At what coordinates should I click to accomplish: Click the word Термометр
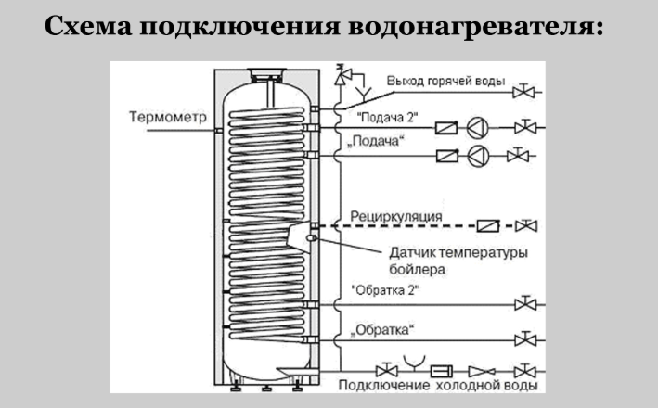tap(169, 117)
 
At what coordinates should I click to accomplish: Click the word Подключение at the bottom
tap(382, 384)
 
